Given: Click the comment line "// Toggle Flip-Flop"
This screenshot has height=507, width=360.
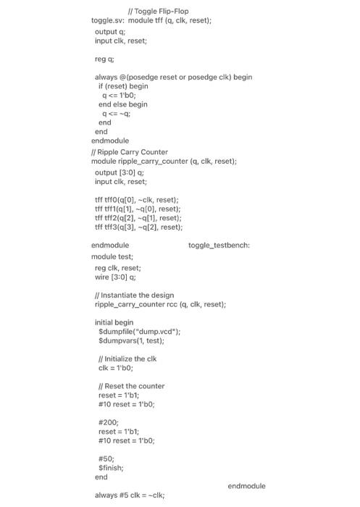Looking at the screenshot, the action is point(158,11).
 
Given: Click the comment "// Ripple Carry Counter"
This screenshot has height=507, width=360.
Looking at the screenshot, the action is point(129,152).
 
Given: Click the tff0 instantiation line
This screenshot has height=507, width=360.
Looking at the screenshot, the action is point(137,199).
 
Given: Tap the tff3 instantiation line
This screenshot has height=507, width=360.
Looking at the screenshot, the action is point(138,227).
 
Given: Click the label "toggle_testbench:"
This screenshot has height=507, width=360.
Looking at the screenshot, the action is point(219,246).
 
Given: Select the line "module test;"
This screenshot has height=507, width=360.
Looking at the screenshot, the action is point(112,256).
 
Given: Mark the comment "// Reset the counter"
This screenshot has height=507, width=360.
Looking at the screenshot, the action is point(131,386).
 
